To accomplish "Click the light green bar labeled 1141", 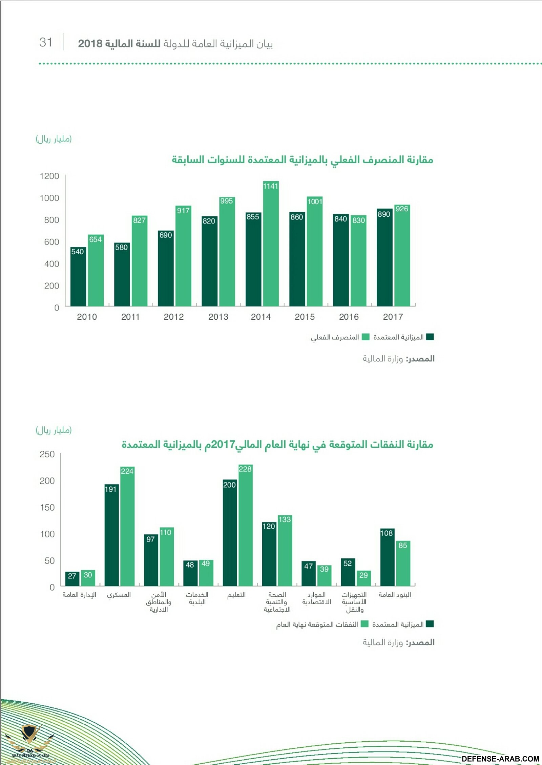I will click(x=271, y=244).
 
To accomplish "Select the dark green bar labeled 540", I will click(x=78, y=277).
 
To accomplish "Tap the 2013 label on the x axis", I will click(x=218, y=317).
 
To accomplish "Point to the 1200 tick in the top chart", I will click(x=49, y=176).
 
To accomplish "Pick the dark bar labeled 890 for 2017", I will click(x=384, y=257).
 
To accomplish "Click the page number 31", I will click(x=46, y=42).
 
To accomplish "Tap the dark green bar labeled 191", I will click(x=111, y=535).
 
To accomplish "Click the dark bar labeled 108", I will click(x=387, y=557).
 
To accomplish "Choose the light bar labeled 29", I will click(x=363, y=578).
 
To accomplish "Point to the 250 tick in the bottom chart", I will click(x=47, y=454).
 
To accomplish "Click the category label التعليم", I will click(x=236, y=595).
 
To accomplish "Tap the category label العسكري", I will click(x=119, y=595).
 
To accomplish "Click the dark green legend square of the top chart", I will click(x=430, y=337).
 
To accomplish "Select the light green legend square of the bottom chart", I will click(x=364, y=624).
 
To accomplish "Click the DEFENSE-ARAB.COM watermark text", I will click(x=500, y=759).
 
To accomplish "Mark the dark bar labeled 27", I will click(x=72, y=579).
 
